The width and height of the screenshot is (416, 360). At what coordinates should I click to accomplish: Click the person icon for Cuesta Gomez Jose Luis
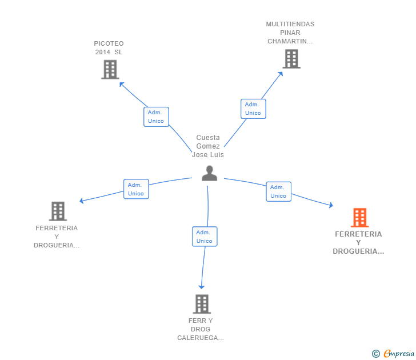[210, 173]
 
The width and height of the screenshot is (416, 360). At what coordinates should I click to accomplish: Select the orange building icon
[359, 218]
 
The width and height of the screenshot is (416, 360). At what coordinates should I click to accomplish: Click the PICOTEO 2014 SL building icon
[110, 69]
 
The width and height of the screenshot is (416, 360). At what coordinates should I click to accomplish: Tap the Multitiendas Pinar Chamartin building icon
[291, 59]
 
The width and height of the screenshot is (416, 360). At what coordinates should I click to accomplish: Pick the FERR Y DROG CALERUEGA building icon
[201, 304]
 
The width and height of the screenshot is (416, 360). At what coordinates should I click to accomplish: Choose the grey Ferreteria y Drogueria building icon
[58, 211]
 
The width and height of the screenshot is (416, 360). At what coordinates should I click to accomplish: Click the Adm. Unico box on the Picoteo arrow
[156, 117]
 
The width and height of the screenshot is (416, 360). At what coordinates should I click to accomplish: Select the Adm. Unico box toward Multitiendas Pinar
[253, 109]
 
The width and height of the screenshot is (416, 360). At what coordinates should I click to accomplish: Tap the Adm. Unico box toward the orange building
[278, 191]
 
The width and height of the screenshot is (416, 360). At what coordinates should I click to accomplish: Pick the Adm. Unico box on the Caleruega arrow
[205, 237]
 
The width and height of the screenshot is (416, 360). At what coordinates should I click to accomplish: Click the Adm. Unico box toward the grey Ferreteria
[136, 189]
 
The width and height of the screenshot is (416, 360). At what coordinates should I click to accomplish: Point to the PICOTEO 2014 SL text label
[109, 48]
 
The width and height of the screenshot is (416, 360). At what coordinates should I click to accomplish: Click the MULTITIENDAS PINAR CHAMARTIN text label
[290, 33]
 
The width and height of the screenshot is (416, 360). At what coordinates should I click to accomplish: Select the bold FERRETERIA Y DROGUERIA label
[359, 243]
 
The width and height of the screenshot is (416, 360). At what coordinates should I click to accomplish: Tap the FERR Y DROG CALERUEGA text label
[201, 329]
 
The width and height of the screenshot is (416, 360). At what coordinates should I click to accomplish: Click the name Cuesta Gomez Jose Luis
[208, 146]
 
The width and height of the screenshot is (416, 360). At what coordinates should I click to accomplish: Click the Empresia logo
[394, 354]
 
